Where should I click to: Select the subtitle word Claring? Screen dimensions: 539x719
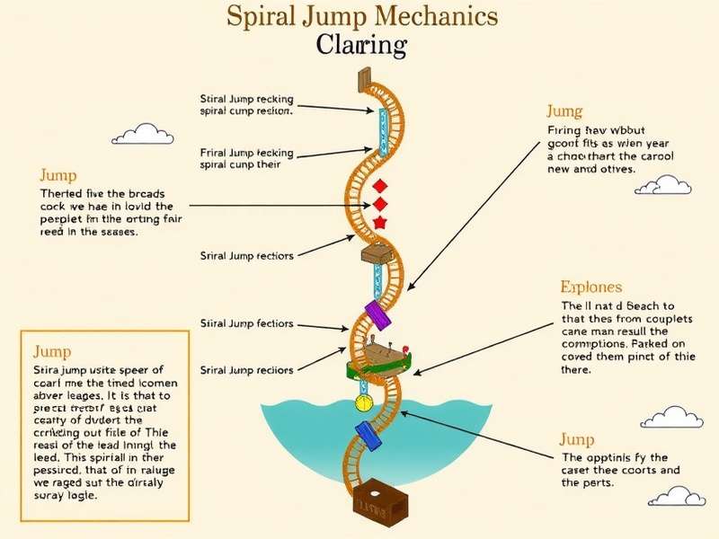point(361,45)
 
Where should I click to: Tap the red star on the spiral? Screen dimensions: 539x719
point(379,222)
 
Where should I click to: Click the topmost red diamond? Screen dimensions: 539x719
point(378,185)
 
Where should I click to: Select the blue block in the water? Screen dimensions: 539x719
point(368,439)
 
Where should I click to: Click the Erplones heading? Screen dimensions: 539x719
point(590,287)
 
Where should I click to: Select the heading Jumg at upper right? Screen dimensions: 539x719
point(564,111)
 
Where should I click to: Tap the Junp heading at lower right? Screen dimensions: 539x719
point(576,439)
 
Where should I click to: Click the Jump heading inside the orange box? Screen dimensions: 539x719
point(52,351)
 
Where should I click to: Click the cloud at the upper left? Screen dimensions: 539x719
point(143,135)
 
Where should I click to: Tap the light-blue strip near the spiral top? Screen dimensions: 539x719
point(381,131)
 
